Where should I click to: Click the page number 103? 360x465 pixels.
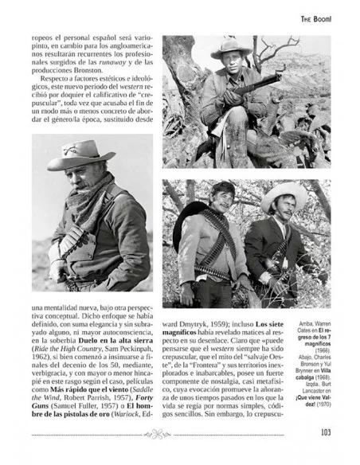[325, 433]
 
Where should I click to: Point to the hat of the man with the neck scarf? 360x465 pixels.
[80, 154]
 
